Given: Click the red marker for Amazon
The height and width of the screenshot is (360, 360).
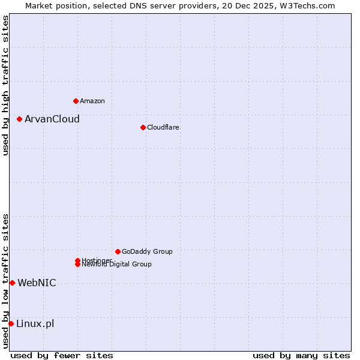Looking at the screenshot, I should (76, 101).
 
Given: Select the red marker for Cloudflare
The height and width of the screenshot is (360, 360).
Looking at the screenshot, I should (143, 127).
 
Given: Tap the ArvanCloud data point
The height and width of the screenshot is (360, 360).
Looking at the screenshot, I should (19, 119).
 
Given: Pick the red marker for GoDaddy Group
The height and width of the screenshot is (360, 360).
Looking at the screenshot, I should (118, 251).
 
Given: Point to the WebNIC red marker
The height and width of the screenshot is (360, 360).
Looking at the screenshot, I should (12, 283).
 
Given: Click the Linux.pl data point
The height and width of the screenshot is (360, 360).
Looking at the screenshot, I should (11, 323).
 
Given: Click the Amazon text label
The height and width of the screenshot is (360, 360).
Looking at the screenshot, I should (92, 101).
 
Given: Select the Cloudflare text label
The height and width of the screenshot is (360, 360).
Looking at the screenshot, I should (163, 127).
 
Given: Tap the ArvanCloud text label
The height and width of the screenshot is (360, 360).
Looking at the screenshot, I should (52, 119).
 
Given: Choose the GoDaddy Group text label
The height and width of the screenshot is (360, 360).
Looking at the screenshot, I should (147, 251).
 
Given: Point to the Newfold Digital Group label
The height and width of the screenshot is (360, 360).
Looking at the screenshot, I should (116, 264).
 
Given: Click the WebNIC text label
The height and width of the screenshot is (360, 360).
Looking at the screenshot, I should (37, 283).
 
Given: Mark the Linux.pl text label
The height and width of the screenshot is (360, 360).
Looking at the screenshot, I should (35, 323).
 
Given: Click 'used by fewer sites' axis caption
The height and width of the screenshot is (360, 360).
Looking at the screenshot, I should (62, 355).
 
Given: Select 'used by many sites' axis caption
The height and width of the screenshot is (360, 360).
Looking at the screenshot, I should (301, 355).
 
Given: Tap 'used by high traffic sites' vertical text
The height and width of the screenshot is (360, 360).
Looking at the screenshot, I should (5, 85).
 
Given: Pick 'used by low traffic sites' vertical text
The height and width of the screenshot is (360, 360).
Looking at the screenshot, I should (5, 281).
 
